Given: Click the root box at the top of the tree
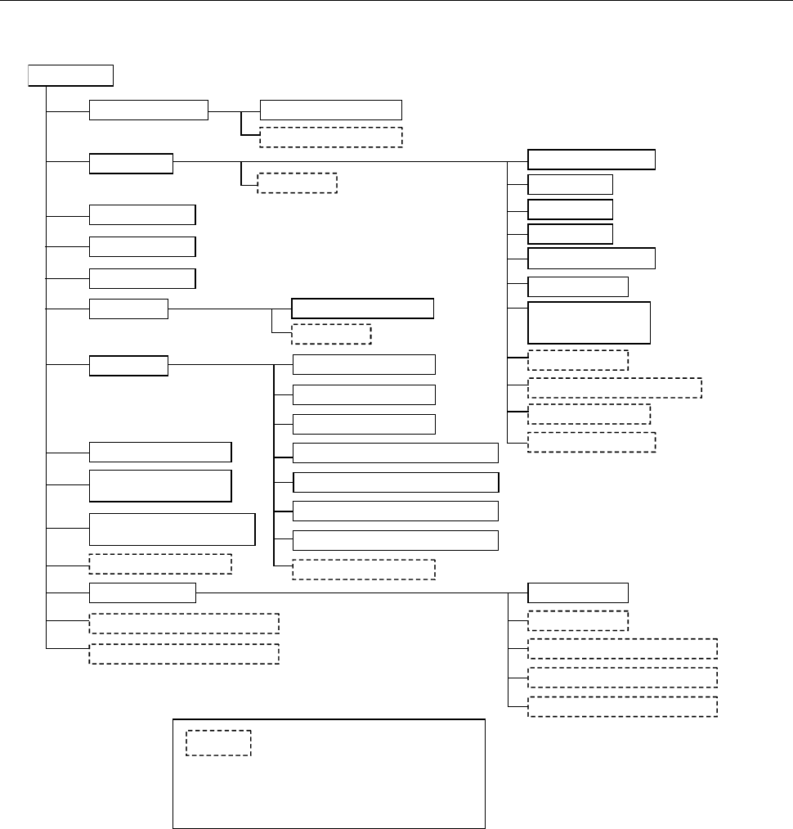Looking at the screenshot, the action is coord(70,75).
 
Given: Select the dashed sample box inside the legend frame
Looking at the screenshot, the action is coord(217,742).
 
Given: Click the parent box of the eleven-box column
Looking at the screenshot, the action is coord(131,163).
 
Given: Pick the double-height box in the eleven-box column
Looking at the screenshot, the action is coord(589,322).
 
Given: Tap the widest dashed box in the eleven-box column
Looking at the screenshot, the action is coord(615,388).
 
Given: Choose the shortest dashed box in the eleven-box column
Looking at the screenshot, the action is coord(578,360).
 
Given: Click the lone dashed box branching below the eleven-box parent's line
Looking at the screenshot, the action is coord(297,182).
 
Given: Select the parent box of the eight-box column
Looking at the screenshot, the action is coord(128,366).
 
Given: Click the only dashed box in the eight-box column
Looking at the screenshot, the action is coord(363,570).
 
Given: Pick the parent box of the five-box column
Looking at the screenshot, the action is coord(142,592).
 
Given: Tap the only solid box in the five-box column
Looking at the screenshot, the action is coord(578,592).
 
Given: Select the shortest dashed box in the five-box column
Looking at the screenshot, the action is coord(578,620).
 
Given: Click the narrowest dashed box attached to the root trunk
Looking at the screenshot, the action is coord(160,564).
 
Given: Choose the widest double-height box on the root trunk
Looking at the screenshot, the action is coord(172,529).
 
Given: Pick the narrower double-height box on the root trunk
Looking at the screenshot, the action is coord(160,485).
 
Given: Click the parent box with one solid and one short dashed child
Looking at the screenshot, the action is coord(128,309).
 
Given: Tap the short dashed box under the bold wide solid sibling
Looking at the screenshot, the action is coord(331,334).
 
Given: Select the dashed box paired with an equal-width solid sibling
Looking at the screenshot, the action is coord(331,136).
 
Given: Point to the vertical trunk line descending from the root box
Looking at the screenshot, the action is coord(47,368).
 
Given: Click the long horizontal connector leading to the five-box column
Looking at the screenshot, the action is coord(352,592).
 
